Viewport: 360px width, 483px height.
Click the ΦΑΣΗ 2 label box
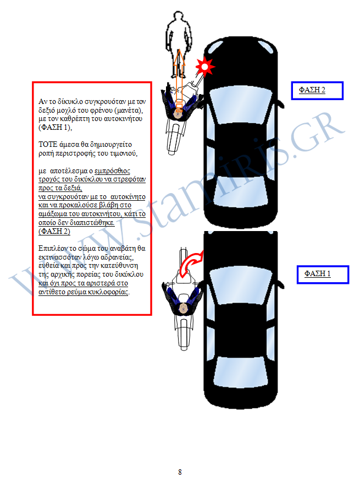click(317, 91)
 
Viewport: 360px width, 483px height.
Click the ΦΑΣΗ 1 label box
click(323, 275)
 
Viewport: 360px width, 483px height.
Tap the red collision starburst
click(204, 66)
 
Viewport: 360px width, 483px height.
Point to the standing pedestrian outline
click(178, 44)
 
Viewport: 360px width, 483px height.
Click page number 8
click(180, 472)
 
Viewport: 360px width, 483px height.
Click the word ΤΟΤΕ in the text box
click(48, 145)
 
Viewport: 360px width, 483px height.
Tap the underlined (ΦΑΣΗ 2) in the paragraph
click(54, 231)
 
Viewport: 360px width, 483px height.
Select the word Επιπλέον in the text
click(51, 249)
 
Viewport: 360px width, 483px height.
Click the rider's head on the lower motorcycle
click(184, 308)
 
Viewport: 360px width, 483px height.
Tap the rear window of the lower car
click(241, 371)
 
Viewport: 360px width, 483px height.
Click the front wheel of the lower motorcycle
click(184, 256)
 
